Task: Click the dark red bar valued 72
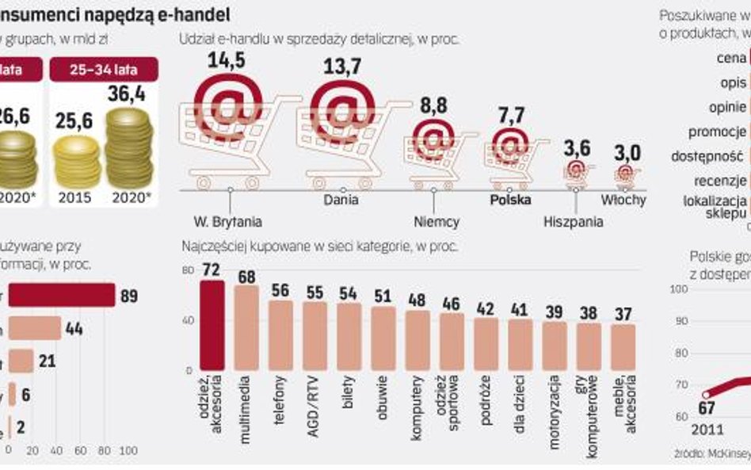coord(212,325)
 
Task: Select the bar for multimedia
coord(246,327)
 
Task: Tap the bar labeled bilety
coord(349,336)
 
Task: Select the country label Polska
coord(510,200)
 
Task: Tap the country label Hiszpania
coord(574,221)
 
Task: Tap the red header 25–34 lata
coord(104,70)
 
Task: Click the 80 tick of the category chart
coord(188,270)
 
